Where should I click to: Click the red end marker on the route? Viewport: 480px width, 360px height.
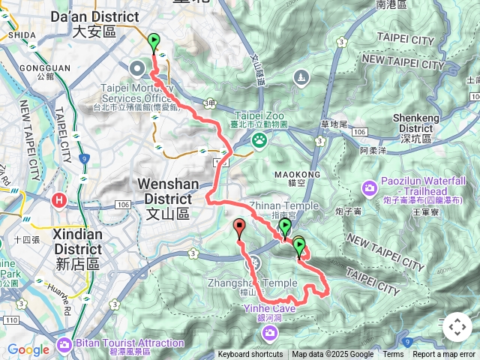[239, 227]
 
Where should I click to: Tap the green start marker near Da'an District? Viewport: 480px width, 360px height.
[154, 42]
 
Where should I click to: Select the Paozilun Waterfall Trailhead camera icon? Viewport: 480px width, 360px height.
[369, 187]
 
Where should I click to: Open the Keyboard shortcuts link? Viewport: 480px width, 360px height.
[250, 355]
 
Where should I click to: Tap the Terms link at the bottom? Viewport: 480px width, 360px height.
[393, 355]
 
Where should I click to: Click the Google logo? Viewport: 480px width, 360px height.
[28, 349]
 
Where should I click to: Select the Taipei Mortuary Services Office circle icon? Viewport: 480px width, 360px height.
[139, 69]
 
